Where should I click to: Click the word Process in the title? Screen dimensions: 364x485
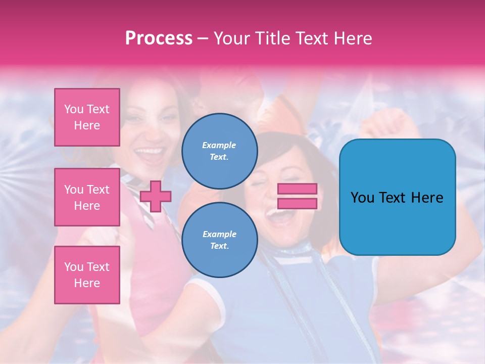159,38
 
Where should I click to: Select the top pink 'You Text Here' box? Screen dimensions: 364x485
87,117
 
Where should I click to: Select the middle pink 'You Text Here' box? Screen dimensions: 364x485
87,197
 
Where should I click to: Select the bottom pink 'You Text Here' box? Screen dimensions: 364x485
87,275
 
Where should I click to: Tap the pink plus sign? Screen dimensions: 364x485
156,196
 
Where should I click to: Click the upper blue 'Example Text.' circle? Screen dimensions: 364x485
219,151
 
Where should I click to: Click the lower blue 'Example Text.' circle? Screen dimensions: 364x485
219,240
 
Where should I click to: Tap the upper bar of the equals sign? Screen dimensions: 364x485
298,189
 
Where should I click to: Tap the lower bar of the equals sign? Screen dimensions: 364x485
298,203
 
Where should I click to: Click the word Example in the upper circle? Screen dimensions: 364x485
219,145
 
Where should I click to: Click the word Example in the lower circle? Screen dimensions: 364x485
219,234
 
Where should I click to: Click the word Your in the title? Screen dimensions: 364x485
232,38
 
